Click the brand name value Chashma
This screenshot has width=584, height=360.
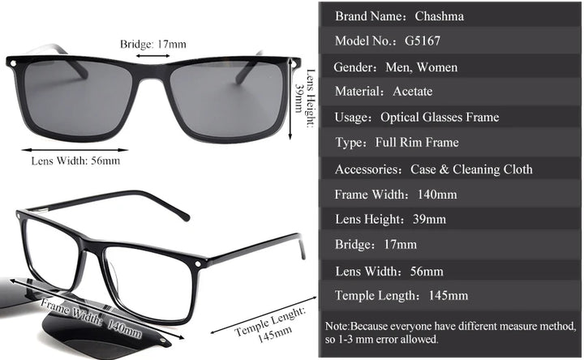click(x=439, y=15)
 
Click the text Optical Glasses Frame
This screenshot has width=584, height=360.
click(x=440, y=118)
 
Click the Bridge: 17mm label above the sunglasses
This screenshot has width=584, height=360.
click(x=152, y=43)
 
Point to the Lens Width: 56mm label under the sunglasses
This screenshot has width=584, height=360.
click(x=75, y=161)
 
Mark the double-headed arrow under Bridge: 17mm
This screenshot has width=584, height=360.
click(x=152, y=56)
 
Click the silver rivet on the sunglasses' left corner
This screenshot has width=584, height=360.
click(x=11, y=62)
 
